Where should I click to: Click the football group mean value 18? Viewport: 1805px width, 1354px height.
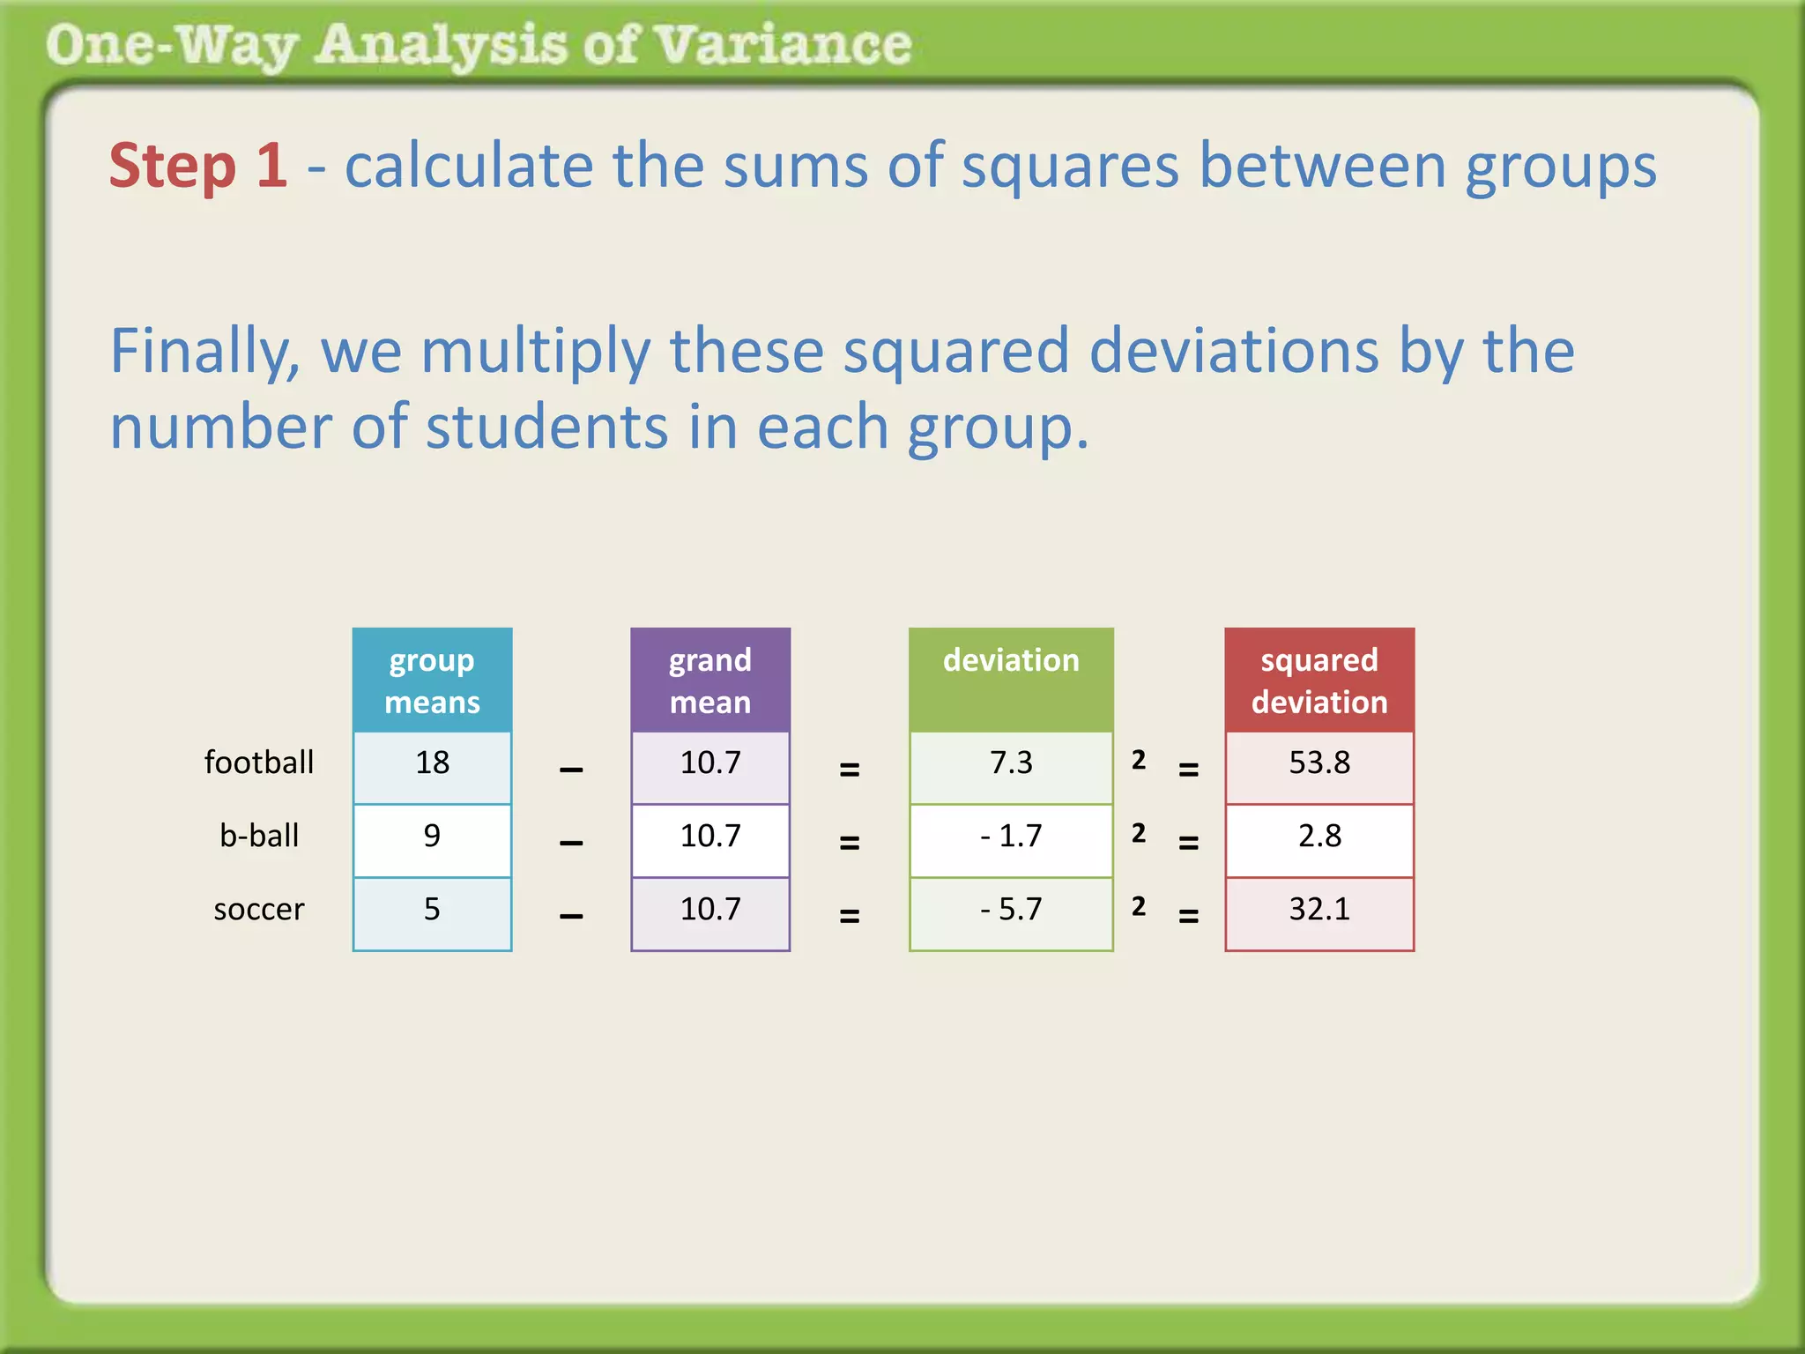[x=432, y=763]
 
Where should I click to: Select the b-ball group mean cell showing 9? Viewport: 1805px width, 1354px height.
[x=432, y=836]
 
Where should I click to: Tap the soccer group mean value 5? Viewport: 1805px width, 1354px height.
[x=432, y=909]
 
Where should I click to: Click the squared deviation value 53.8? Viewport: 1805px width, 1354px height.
[x=1319, y=763]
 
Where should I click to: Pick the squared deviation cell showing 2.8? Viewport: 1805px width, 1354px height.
[x=1319, y=836]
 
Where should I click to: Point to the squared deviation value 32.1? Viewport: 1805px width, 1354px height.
[x=1319, y=909]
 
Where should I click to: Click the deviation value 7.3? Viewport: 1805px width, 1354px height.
[x=1011, y=763]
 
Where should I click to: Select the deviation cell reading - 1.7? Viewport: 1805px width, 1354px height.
[x=1011, y=836]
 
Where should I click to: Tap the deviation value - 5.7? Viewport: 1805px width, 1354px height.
[x=1011, y=909]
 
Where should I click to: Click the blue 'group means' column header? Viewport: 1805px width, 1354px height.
[x=432, y=681]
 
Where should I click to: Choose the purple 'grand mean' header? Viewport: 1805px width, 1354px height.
[x=710, y=681]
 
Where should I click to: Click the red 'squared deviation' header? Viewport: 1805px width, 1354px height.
[x=1319, y=681]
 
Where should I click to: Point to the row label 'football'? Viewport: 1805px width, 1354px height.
[x=259, y=763]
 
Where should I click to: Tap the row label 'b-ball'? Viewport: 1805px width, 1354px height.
[x=259, y=836]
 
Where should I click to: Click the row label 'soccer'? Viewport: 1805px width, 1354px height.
[x=259, y=909]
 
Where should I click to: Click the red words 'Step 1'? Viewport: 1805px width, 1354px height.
[x=198, y=166]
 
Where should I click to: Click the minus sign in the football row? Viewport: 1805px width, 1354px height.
[x=571, y=770]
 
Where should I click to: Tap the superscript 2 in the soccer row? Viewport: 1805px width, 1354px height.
[x=1139, y=906]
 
